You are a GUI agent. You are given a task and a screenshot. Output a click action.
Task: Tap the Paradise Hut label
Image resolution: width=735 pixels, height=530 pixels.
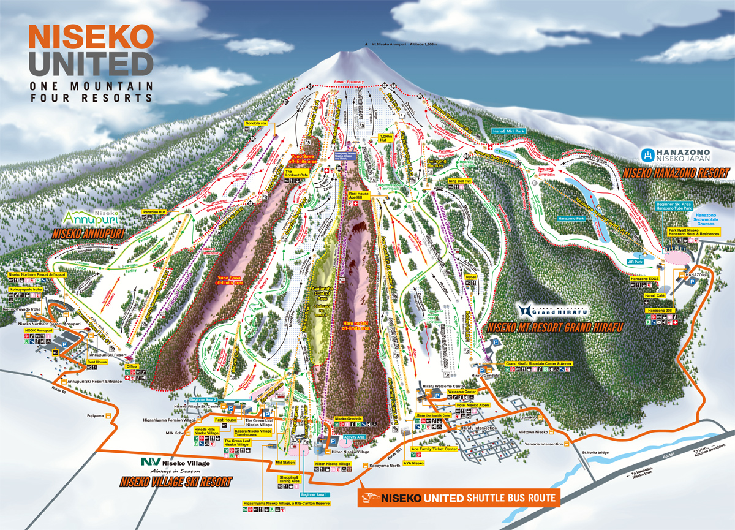(x=154, y=211)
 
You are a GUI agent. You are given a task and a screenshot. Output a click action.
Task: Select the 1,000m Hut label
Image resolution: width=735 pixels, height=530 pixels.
(x=386, y=138)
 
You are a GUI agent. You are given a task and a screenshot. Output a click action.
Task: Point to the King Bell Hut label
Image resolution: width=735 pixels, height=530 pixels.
(x=459, y=181)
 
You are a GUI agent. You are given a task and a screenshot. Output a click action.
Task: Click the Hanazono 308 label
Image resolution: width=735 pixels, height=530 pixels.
(x=660, y=311)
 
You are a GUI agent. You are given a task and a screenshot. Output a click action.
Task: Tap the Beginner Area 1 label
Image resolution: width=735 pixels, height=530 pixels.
(x=315, y=494)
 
